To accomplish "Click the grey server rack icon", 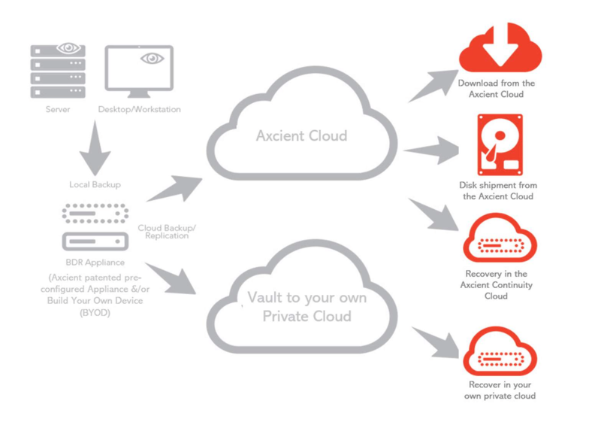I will pyautogui.click(x=57, y=71).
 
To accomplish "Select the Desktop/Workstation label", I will pyautogui.click(x=139, y=110).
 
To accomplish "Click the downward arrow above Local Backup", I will pyautogui.click(x=95, y=147).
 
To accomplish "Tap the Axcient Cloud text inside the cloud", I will pyautogui.click(x=301, y=136).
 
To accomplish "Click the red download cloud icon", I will pyautogui.click(x=500, y=49).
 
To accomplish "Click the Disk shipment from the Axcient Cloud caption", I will pyautogui.click(x=499, y=190).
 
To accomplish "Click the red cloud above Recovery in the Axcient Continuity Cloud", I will pyautogui.click(x=500, y=241).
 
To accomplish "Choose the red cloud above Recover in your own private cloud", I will pyautogui.click(x=500, y=351).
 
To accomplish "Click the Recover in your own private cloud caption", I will pyautogui.click(x=498, y=390).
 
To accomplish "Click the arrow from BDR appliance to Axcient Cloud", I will pyautogui.click(x=174, y=189).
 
